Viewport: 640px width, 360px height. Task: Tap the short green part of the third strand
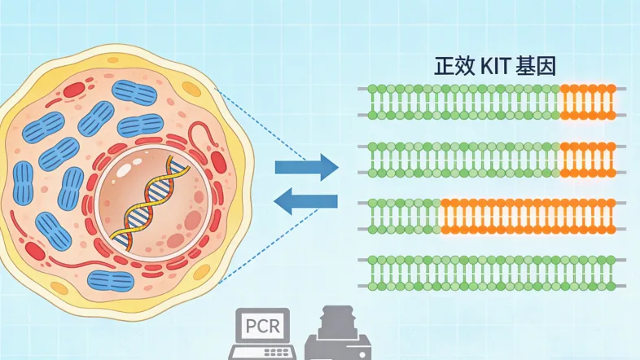[x=404, y=215]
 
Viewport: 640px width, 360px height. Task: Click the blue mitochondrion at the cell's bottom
[x=110, y=282]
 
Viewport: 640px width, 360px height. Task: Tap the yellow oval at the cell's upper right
[x=191, y=89]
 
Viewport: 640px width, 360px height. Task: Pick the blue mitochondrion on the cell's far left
[x=22, y=182]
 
